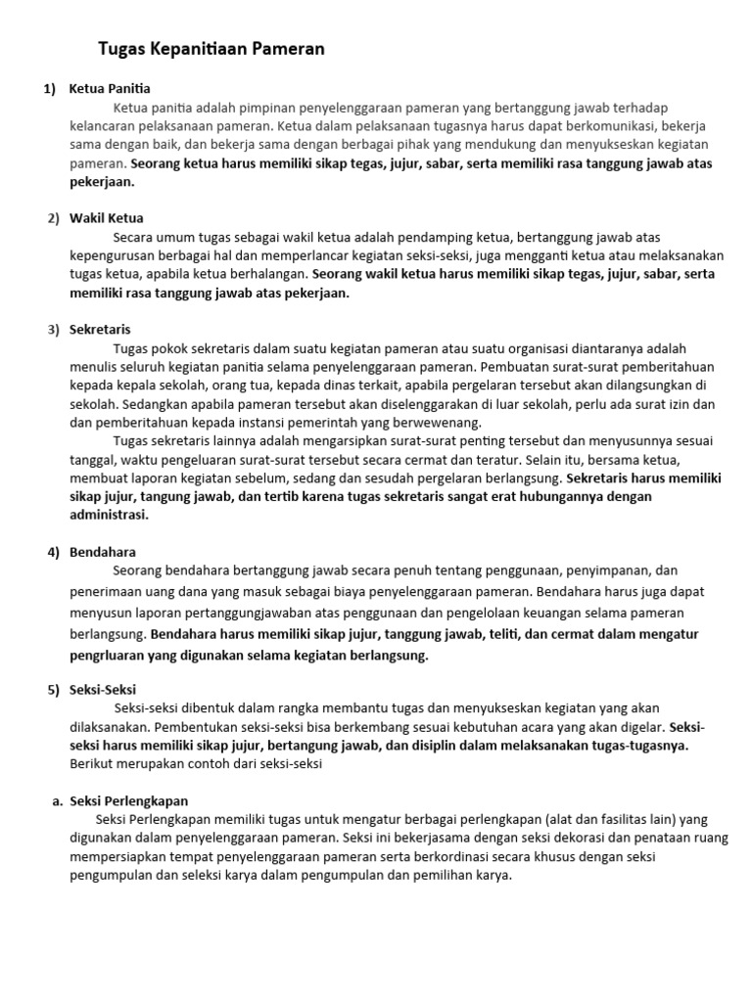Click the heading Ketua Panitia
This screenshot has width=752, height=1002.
(110, 89)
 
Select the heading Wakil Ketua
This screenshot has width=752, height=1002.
(107, 218)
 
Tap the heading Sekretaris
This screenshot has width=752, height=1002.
(100, 330)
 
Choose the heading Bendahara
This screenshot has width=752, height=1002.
(103, 552)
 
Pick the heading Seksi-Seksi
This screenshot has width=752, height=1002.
(103, 689)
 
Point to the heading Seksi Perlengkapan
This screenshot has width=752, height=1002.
(128, 800)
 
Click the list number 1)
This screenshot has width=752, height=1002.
(50, 89)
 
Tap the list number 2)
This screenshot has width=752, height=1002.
(54, 218)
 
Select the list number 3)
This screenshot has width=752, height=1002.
(54, 330)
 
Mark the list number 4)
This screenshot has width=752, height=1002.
(54, 552)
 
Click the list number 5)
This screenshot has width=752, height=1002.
(54, 689)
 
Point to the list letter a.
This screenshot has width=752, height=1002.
(57, 800)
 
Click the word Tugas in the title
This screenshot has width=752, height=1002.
(121, 48)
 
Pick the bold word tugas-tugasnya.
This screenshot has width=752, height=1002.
(640, 745)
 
